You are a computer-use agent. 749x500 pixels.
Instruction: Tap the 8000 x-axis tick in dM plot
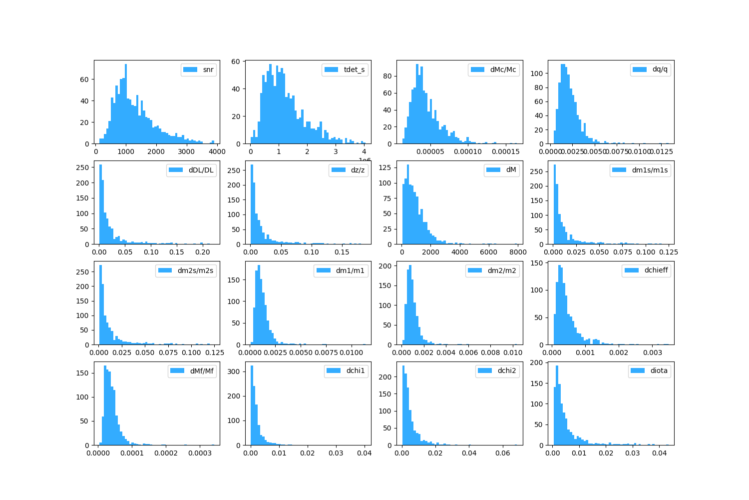pyautogui.click(x=518, y=252)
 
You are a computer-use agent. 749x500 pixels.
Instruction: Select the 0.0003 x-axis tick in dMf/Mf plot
pyautogui.click(x=200, y=453)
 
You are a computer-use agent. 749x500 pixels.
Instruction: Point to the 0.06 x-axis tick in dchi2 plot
pyautogui.click(x=503, y=453)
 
